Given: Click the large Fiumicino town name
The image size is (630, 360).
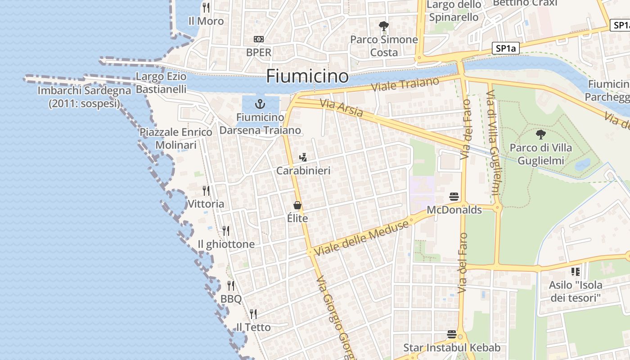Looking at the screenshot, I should pyautogui.click(x=307, y=76).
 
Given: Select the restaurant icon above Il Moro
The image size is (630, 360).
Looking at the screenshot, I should pyautogui.click(x=206, y=8).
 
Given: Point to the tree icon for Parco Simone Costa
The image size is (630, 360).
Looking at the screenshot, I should pyautogui.click(x=383, y=26).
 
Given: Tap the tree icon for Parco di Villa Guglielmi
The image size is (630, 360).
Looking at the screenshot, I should pyautogui.click(x=540, y=134).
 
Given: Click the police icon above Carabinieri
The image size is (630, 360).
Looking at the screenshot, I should pyautogui.click(x=303, y=157).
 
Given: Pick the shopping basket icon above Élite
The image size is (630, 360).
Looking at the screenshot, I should pyautogui.click(x=297, y=206).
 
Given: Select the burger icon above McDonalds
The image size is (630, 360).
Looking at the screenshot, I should pyautogui.click(x=454, y=197).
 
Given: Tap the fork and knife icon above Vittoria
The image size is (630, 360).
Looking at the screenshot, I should pyautogui.click(x=206, y=191).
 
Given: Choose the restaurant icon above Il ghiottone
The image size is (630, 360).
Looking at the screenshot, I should pyautogui.click(x=226, y=231).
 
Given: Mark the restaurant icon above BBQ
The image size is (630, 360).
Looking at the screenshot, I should pyautogui.click(x=231, y=286).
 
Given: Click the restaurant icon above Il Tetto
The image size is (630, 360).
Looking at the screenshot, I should pyautogui.click(x=253, y=314).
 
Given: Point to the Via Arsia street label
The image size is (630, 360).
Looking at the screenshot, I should pyautogui.click(x=341, y=108).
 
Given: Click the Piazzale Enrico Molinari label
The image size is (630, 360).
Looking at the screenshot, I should pyautogui.click(x=176, y=139).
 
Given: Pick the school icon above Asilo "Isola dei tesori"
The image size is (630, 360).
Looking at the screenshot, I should pyautogui.click(x=575, y=271).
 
